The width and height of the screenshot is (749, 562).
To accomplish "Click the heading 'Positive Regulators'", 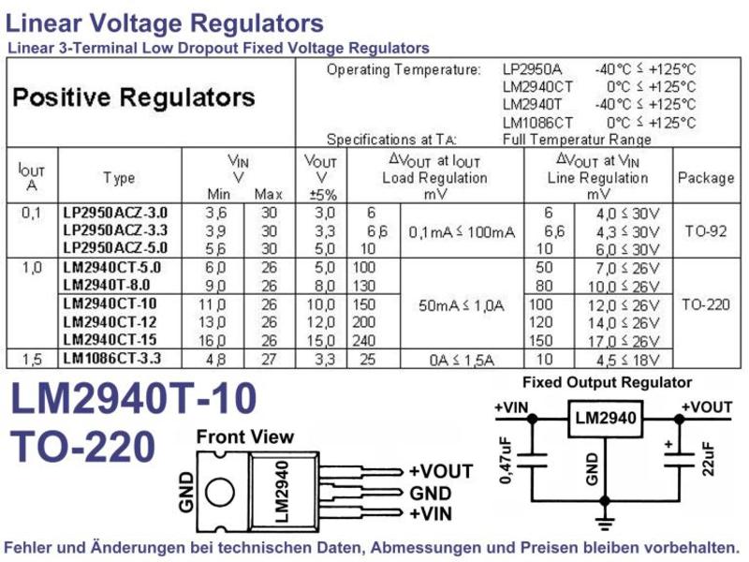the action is tap(134, 97).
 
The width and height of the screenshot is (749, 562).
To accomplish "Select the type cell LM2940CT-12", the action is tap(110, 321).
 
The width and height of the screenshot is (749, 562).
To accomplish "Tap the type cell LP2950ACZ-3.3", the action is tap(115, 229).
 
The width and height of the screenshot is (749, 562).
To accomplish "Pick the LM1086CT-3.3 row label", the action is tap(111, 358).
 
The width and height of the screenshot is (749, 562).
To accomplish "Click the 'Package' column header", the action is tap(706, 178).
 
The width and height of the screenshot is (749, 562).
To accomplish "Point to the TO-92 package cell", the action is tap(706, 231).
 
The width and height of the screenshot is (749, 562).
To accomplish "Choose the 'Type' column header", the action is tap(119, 178).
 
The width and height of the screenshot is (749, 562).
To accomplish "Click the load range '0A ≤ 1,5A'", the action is tap(461, 360).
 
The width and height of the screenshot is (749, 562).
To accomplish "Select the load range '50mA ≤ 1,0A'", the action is tap(461, 305).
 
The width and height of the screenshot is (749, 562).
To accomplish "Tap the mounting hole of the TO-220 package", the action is tap(220, 493).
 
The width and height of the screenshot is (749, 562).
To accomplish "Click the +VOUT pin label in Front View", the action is tap(441, 471).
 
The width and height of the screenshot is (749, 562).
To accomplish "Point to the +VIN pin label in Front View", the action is tap(431, 513).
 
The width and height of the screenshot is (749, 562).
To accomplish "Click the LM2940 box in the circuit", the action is tap(605, 419).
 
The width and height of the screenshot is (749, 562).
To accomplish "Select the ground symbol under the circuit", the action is tap(605, 523).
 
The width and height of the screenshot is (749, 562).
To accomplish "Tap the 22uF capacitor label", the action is tap(709, 459).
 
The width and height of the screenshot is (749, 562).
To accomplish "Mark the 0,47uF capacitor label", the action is tap(506, 460).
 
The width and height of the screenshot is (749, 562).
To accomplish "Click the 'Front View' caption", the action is tap(245, 436).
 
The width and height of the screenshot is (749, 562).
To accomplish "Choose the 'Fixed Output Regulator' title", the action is tap(607, 382).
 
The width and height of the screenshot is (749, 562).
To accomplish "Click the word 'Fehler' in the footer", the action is tap(30, 547).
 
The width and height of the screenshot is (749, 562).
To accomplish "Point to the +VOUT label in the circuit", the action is tap(707, 407).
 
